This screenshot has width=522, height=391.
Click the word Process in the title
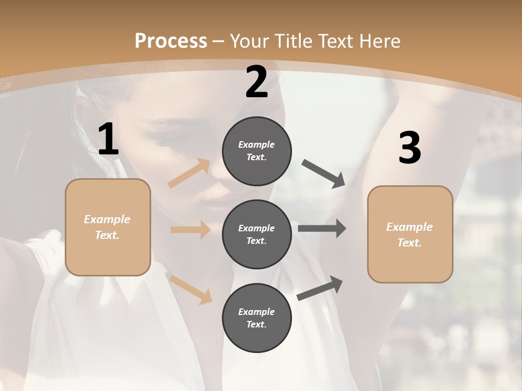(171, 41)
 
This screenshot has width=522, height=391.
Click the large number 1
(108, 140)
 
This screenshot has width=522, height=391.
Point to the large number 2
(257, 83)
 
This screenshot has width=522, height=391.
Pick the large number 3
(409, 148)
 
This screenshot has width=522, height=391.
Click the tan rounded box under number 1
(108, 227)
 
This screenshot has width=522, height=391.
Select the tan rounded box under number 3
(410, 234)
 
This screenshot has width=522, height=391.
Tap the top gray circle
(257, 151)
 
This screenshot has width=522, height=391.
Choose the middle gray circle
(257, 234)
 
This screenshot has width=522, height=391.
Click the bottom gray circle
(257, 318)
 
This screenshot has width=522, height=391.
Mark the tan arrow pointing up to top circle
(189, 173)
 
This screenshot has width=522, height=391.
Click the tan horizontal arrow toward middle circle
(190, 230)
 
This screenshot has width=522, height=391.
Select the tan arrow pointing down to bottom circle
(191, 289)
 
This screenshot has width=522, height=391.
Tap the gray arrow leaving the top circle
(324, 174)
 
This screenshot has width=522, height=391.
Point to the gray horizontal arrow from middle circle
(322, 229)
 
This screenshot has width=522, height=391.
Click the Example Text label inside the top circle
(257, 151)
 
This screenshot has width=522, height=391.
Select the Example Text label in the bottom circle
(257, 318)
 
